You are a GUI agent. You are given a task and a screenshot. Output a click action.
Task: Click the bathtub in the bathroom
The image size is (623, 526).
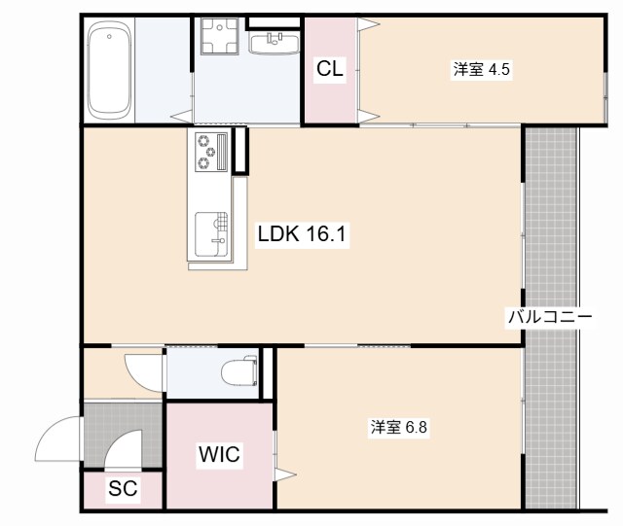(109, 71)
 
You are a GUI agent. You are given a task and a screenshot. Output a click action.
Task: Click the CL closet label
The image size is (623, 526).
(330, 69)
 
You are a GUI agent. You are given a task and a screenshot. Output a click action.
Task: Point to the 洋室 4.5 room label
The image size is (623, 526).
(481, 69)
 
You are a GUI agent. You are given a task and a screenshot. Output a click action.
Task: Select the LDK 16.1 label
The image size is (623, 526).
(303, 233)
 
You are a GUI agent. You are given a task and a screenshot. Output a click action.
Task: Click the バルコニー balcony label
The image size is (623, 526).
(549, 317)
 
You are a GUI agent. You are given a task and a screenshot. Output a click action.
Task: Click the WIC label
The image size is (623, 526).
(219, 454)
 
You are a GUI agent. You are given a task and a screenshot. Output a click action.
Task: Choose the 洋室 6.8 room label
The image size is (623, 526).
(398, 426)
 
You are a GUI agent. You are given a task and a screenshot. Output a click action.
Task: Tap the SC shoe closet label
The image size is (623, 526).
(122, 489)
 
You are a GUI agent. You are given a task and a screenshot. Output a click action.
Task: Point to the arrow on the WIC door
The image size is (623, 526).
(284, 474)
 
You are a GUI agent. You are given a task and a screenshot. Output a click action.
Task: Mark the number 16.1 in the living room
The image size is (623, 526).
(326, 233)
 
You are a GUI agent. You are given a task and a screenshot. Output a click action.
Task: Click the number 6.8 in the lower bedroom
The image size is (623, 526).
(415, 426)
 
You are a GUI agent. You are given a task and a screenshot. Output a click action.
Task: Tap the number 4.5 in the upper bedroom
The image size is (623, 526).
(498, 69)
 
